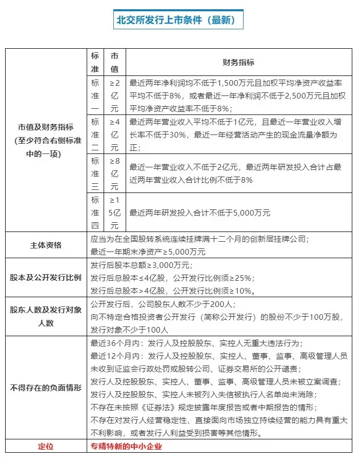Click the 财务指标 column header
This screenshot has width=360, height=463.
coord(238,62)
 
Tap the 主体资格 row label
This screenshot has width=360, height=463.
coord(46,245)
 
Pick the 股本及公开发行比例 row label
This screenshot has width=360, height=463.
coord(46,278)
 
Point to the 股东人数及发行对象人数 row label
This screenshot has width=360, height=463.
coord(46,316)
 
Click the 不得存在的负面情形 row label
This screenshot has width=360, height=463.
coord(46,388)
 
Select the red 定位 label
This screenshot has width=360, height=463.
coord(46,446)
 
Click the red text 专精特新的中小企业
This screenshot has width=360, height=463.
coord(126,446)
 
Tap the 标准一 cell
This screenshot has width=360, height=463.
coord(95,95)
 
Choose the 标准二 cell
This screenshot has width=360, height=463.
coord(95,134)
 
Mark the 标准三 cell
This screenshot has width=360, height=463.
coord(95,173)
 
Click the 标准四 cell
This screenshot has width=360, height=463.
coord(95,213)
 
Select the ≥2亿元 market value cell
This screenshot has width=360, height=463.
coord(114,95)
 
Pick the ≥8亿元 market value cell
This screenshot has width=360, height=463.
coord(114,173)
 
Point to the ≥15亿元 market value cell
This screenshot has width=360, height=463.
coord(114,213)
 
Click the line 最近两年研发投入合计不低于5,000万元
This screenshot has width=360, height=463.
coord(200,213)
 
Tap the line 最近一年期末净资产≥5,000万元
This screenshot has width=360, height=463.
coord(148,252)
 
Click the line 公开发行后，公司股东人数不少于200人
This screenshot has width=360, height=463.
coord(162,303)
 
